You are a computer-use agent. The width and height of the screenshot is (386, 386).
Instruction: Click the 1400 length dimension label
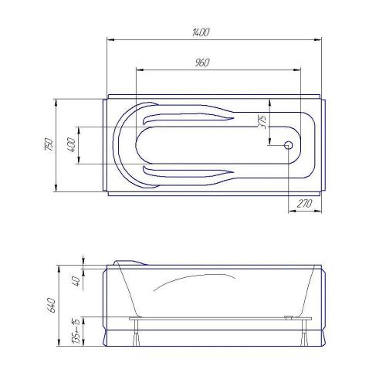point(201,32)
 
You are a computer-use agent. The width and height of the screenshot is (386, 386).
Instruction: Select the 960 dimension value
point(202,63)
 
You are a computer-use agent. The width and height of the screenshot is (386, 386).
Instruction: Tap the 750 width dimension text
point(49,144)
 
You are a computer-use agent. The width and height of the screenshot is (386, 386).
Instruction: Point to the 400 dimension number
point(71,145)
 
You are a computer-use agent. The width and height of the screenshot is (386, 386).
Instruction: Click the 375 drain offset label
point(262,122)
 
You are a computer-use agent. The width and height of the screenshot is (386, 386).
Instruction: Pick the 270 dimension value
point(304,204)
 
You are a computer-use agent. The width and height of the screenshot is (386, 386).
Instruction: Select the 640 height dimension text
point(51,305)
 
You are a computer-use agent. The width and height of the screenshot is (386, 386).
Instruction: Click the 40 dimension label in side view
point(77,281)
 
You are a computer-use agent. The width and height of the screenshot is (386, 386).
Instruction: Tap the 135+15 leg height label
point(76,330)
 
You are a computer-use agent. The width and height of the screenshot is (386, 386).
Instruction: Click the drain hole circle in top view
point(289,145)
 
